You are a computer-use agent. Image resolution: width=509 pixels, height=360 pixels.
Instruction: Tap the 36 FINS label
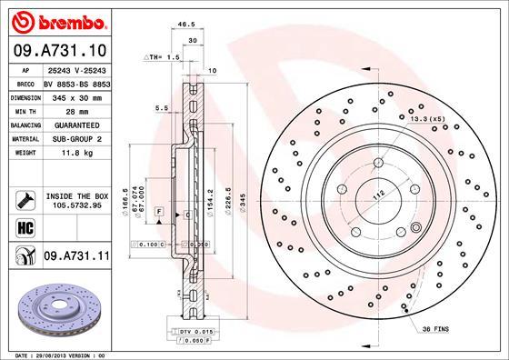437,329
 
